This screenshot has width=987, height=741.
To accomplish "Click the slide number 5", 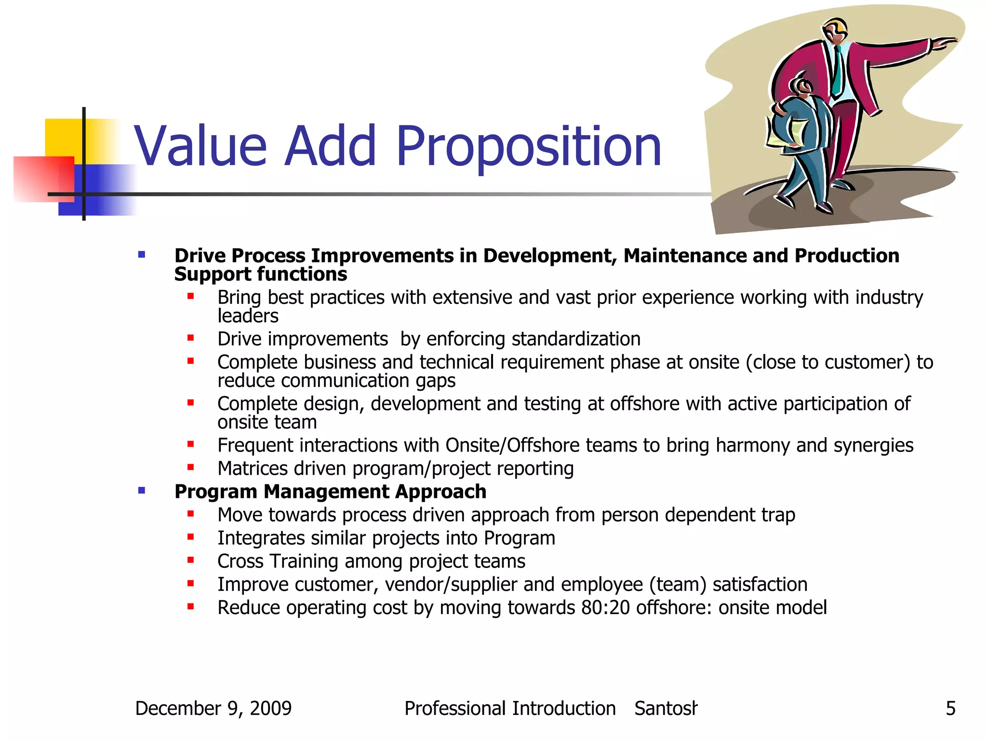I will (950, 709).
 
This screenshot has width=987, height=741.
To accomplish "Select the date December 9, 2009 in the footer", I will (213, 709).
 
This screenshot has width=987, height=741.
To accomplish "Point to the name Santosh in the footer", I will (666, 709).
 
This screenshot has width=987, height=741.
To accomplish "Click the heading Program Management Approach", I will (330, 492).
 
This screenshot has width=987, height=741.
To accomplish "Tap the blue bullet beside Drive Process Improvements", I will (142, 255).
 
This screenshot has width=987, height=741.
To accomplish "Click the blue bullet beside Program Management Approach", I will (142, 491).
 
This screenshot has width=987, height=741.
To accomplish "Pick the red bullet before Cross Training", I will (191, 560).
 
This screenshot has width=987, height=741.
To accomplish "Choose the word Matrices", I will (253, 468).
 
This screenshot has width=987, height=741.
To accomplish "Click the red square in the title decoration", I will (43, 178).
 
